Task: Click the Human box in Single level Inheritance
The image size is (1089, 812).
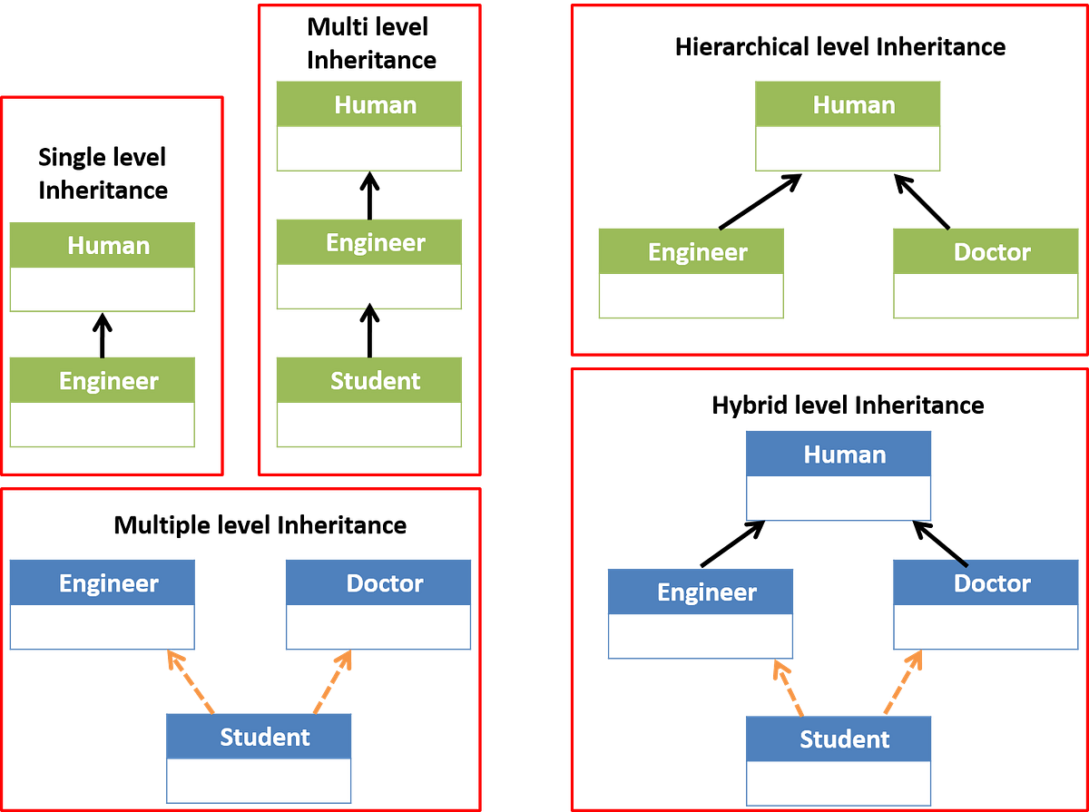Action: click(103, 267)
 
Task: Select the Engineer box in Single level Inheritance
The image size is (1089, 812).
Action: click(103, 402)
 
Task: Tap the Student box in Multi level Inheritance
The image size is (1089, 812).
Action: click(369, 402)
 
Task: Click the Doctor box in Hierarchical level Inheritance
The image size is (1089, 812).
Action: click(986, 273)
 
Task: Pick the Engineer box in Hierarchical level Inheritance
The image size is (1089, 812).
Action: click(692, 273)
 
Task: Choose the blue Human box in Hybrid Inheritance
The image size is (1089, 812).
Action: click(839, 475)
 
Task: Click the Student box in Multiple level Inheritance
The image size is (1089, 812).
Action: click(259, 758)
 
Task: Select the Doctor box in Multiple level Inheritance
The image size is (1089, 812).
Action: click(378, 604)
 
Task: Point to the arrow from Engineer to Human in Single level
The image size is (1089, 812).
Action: click(103, 336)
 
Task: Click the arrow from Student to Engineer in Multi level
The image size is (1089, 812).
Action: click(369, 330)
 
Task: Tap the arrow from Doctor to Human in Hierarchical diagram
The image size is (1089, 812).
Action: click(922, 201)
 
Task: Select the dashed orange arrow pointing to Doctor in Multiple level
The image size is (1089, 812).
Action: click(332, 682)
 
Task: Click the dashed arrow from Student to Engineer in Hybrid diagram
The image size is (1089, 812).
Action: click(789, 688)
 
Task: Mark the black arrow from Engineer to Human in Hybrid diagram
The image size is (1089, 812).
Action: click(732, 543)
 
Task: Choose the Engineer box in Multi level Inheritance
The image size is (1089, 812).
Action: click(369, 264)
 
